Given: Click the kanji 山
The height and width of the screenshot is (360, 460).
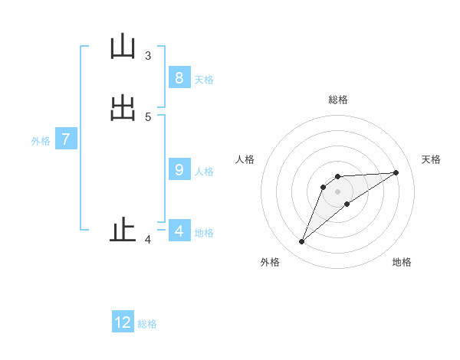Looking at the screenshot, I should tap(123, 47).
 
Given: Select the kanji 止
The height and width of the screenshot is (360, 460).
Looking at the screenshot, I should tap(123, 231).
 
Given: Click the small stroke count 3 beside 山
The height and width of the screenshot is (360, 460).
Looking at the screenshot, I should tap(148, 55).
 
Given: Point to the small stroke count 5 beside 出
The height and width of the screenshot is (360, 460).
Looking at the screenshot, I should tap(148, 116).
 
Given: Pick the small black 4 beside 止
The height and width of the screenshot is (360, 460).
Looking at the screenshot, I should tap(148, 240).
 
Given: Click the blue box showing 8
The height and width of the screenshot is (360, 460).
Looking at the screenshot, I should tap(179, 78).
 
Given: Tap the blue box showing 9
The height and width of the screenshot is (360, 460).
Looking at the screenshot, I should tap(179, 170).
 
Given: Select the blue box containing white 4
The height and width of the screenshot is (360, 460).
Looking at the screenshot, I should tap(179, 231).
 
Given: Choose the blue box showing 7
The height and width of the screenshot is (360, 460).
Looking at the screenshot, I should tap(66, 139).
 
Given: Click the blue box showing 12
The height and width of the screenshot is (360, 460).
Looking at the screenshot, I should tap(123, 322).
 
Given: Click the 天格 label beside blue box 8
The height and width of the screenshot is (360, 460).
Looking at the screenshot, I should tap(204, 80).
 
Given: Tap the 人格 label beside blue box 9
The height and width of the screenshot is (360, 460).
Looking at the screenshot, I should tap(204, 172).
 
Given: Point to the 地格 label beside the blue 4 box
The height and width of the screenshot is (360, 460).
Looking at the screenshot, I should tap(204, 233).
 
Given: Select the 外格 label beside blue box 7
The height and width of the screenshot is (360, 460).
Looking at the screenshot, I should tap(41, 141).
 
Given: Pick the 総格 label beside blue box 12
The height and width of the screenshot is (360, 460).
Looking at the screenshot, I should tap(147, 324).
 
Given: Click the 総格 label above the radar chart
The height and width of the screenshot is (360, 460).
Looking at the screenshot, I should tap(338, 100).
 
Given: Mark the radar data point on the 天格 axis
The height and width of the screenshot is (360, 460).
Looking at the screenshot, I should tap(396, 172).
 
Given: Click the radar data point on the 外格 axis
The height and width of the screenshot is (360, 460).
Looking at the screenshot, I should tap(302, 242).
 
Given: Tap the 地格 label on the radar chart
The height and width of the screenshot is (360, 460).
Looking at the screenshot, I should tap(402, 262).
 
